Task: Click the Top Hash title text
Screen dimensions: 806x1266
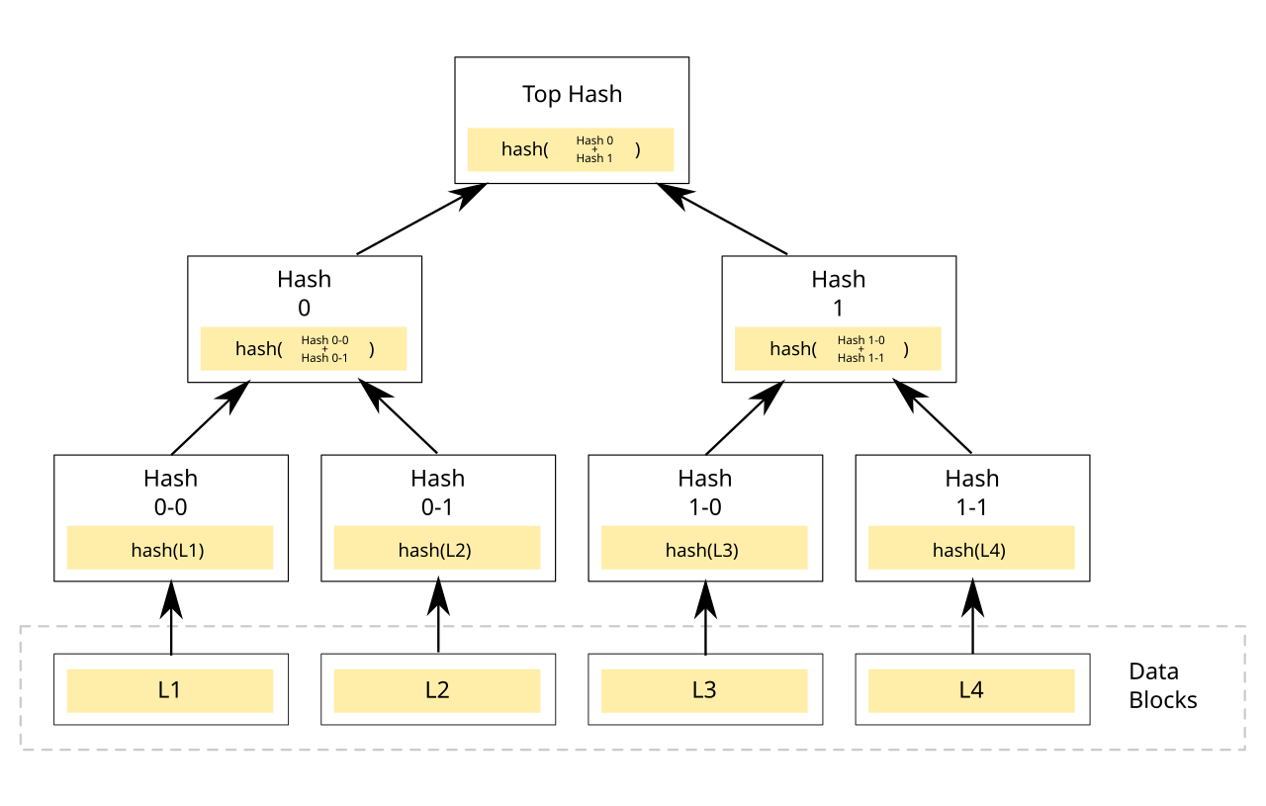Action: pos(572,95)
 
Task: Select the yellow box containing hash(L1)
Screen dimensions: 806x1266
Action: pos(169,549)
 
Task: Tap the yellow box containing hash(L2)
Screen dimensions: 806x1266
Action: pos(436,549)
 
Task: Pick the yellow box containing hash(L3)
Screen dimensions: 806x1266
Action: pos(703,549)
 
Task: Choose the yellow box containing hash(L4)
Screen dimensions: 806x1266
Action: pos(970,549)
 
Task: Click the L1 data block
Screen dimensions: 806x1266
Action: pos(169,690)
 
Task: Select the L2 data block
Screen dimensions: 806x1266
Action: pos(436,690)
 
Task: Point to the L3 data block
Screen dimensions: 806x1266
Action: pos(703,690)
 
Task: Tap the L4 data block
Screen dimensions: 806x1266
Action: pos(970,690)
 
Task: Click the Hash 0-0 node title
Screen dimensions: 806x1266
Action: pos(170,493)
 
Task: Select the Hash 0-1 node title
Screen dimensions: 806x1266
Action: pos(437,493)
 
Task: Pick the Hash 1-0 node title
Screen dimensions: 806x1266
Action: pos(704,493)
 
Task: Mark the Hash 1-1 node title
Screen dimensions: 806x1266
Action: pos(971,493)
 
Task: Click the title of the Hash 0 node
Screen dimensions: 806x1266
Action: pos(304,294)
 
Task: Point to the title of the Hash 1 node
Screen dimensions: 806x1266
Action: pos(838,294)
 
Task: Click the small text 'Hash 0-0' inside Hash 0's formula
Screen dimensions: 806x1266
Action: pos(324,340)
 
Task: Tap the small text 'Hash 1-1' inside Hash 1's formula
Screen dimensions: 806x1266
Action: pos(860,358)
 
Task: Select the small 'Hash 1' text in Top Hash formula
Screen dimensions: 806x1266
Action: pos(594,158)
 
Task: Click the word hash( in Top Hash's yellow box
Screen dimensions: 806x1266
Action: pos(524,149)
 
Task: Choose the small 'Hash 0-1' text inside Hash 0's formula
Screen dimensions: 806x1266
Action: pos(324,358)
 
